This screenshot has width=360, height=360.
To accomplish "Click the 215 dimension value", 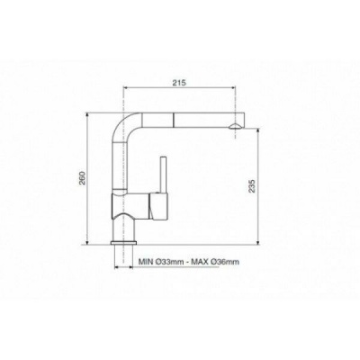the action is pyautogui.click(x=180, y=83).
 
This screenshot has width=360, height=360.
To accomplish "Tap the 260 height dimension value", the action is pyautogui.click(x=83, y=178).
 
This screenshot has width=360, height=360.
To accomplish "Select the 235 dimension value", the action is pyautogui.click(x=252, y=186).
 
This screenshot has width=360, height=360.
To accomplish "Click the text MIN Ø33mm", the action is pyautogui.click(x=160, y=262).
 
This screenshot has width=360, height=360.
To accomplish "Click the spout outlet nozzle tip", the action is pyautogui.click(x=235, y=126).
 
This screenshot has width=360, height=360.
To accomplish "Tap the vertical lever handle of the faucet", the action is pyautogui.click(x=164, y=175).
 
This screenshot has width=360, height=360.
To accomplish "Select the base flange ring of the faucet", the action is pyautogui.click(x=123, y=242).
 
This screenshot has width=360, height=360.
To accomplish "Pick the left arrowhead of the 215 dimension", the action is pyautogui.click(x=126, y=87).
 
